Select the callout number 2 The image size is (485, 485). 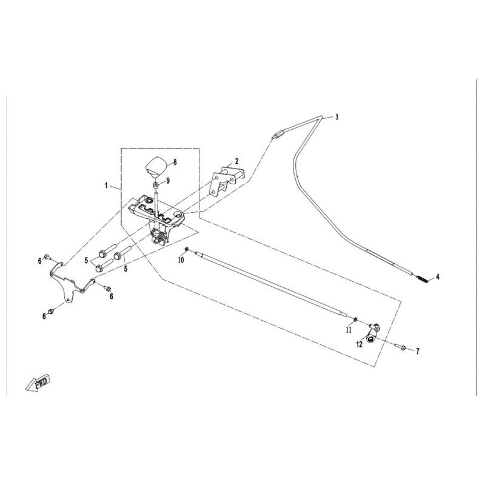click(237, 161)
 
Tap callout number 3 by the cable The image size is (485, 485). click(337, 117)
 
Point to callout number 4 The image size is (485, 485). click(438, 276)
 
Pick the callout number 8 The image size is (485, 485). click(175, 162)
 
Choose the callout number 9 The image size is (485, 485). click(169, 180)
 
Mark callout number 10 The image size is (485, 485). click(180, 260)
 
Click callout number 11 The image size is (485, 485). click(349, 330)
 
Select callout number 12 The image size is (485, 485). click(360, 344)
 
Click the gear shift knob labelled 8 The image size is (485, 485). click(156, 165)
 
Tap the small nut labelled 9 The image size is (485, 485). click(156, 184)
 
